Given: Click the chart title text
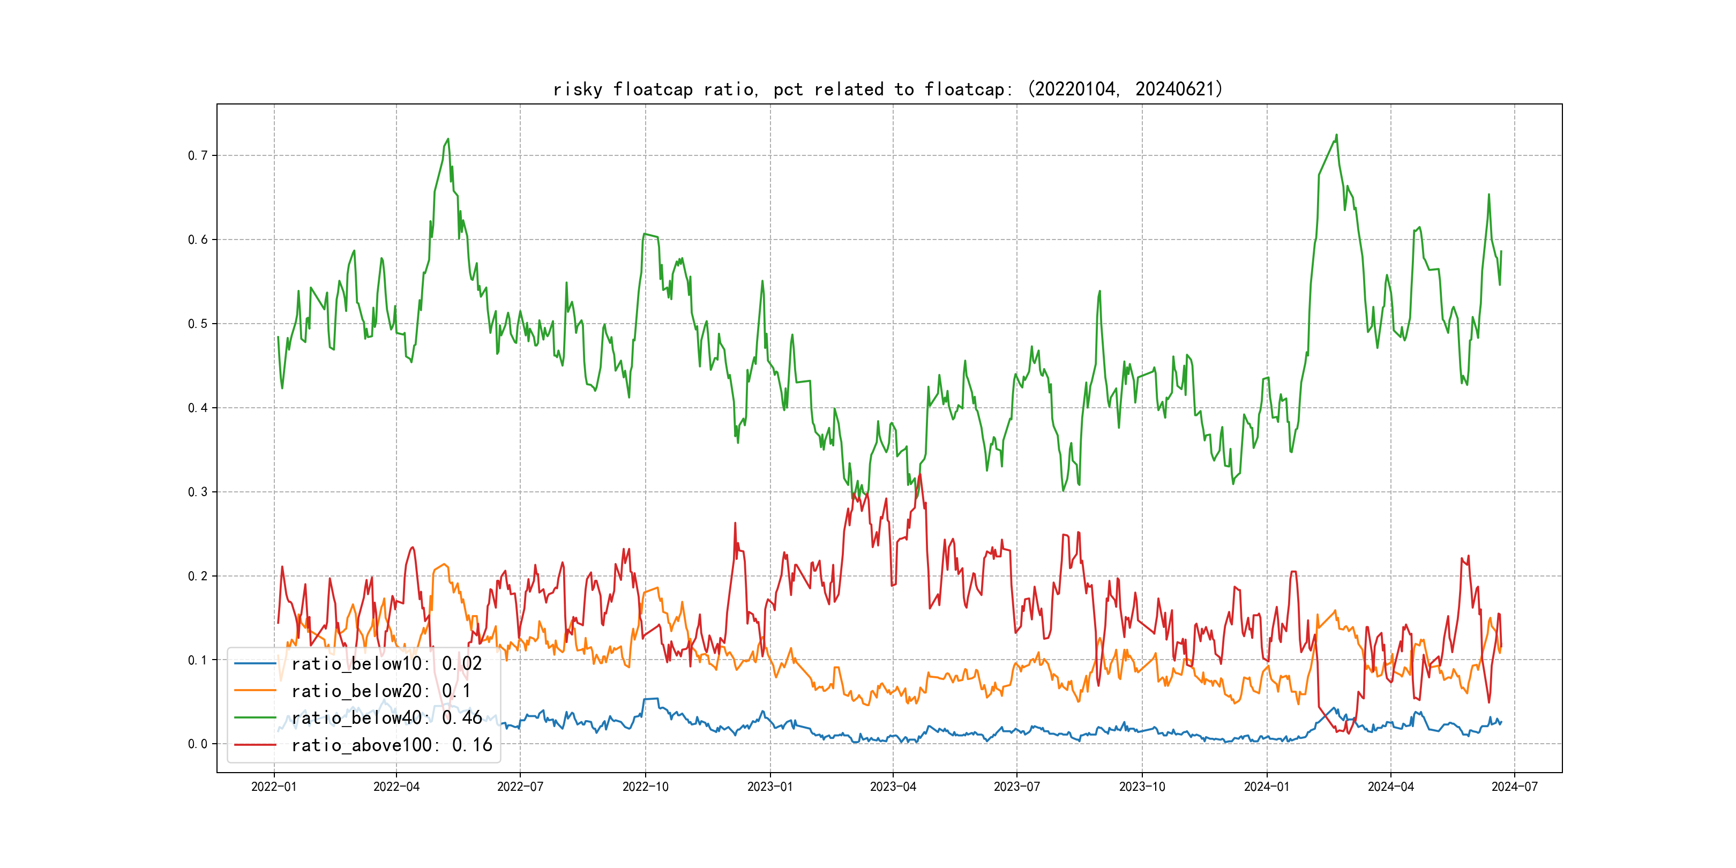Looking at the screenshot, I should coord(887,89).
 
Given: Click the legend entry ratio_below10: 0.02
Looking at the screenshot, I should coord(386,664).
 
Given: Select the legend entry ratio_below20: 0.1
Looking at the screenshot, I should coord(381,691).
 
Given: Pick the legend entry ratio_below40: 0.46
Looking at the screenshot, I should coord(386,718).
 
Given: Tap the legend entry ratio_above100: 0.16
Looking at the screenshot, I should coord(392,745).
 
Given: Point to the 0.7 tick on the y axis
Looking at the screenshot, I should coord(198,156).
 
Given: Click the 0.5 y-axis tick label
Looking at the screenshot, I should coord(198,324).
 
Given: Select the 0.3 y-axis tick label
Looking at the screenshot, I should coord(198,492).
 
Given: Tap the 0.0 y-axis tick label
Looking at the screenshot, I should coord(198,744).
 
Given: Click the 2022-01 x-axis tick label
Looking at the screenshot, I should coord(274,787).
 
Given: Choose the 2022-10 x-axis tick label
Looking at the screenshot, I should coord(645,787).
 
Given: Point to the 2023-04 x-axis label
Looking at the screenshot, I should coord(893,787).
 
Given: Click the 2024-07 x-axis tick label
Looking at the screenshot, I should coord(1514,787).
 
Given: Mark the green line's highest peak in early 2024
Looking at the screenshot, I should coord(1336,135).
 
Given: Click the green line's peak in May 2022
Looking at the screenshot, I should coord(448,139).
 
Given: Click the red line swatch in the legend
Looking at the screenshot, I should coord(255,745).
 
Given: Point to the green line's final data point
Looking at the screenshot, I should coord(1501,251).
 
